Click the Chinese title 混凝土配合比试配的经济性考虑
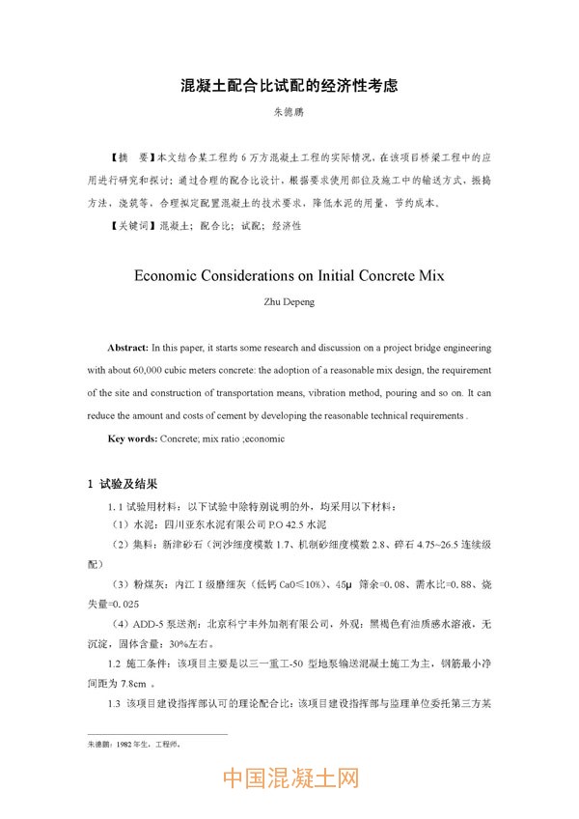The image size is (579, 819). tap(289, 86)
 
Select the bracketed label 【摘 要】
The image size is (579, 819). tap(131, 155)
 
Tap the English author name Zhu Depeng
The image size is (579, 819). tap(289, 300)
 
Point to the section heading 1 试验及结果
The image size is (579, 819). tap(123, 484)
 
